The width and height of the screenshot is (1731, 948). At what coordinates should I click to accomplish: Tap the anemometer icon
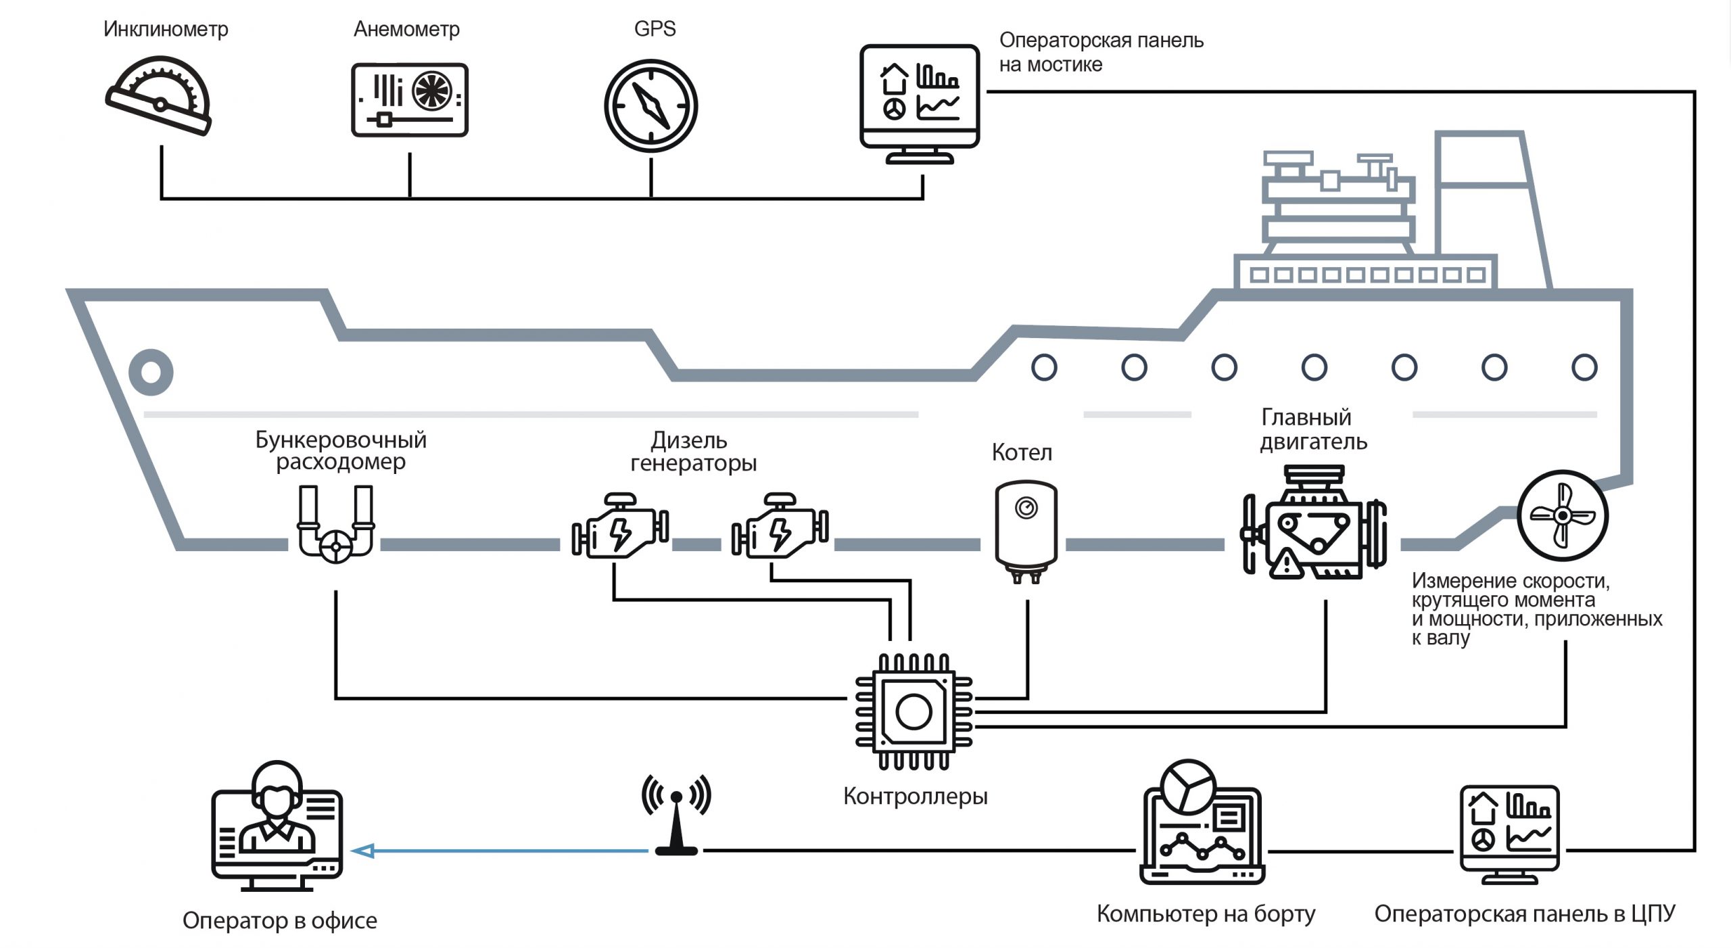pos(410,100)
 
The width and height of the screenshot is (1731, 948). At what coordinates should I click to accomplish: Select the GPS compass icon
pos(650,106)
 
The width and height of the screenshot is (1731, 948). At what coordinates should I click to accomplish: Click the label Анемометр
pos(406,29)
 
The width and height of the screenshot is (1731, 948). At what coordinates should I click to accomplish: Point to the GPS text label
pos(655,28)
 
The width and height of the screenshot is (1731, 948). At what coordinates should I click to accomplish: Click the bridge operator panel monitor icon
pos(920,104)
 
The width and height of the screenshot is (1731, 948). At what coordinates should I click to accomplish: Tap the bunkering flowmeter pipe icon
pos(336,524)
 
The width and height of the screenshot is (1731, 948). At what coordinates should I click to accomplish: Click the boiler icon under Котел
pos(1026,531)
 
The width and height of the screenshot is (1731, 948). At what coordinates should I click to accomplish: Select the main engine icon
pos(1314,521)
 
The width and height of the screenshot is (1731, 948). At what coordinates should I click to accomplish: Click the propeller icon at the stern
pos(1563,516)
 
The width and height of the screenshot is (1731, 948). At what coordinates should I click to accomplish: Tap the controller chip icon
pos(914,711)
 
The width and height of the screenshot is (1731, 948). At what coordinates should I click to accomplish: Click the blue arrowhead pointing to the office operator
pos(363,851)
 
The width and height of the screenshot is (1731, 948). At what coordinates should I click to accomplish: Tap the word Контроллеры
pos(915,797)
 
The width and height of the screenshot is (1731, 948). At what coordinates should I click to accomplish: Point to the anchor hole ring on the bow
pos(151,372)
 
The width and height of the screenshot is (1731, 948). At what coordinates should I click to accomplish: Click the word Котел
pos(1022,452)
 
